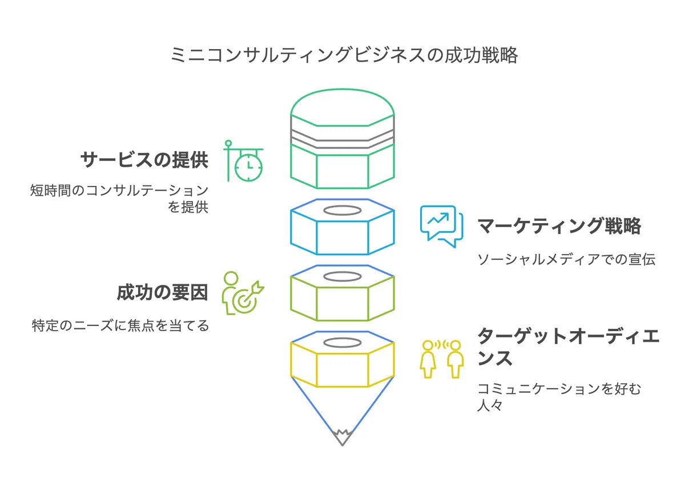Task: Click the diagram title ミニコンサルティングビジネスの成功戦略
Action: [x=344, y=55]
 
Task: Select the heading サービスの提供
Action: [x=144, y=160]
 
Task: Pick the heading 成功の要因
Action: [x=162, y=292]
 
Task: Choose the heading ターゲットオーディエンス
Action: [x=569, y=347]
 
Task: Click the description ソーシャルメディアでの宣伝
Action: [x=566, y=259]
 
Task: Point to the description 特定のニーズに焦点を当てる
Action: [x=120, y=325]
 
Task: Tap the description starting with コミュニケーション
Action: [x=559, y=397]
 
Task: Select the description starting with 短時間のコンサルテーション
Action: [x=119, y=199]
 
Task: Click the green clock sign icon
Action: [x=243, y=161]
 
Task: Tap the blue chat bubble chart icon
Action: [x=442, y=227]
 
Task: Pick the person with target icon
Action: [x=243, y=293]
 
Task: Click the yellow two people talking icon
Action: [x=442, y=359]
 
